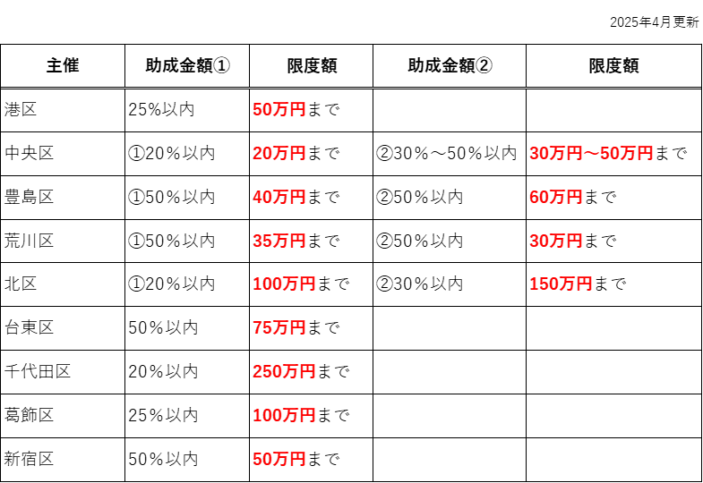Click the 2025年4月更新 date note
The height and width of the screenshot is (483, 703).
tap(654, 22)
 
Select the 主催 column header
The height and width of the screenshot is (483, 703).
tap(63, 66)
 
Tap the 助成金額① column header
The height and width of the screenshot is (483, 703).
tap(187, 66)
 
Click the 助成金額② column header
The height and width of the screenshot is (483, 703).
tap(450, 66)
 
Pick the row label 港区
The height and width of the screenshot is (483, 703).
tap(21, 109)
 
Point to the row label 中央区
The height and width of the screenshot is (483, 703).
tap(30, 153)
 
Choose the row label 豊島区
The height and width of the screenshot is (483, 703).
tap(30, 197)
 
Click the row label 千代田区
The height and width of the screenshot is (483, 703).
tap(38, 371)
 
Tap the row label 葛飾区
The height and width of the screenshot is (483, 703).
tap(30, 415)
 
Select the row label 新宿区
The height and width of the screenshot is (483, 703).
tap(30, 459)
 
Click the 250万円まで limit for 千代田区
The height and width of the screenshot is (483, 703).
tap(301, 371)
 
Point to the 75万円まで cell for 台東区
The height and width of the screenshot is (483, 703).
tap(296, 327)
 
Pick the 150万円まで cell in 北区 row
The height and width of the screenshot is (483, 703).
tap(578, 284)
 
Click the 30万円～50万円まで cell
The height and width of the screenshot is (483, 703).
tap(608, 153)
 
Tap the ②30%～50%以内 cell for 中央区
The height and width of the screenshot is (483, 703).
tap(447, 153)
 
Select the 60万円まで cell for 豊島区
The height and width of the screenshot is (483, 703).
tap(573, 197)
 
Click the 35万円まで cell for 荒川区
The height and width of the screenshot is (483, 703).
tap(296, 241)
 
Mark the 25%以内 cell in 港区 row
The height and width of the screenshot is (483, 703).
tap(161, 109)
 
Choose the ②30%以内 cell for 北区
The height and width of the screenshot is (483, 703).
tap(420, 284)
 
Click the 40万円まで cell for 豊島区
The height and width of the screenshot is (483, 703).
tap(296, 197)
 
